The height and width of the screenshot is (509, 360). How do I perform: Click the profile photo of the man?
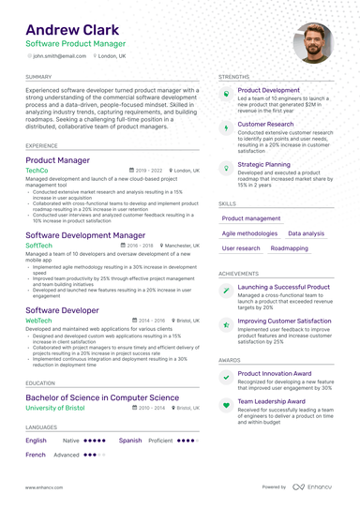[312, 42]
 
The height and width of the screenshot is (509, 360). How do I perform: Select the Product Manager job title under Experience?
[57, 160]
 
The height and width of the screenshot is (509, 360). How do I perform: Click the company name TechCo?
[37, 171]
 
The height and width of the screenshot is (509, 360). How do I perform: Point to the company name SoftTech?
[39, 245]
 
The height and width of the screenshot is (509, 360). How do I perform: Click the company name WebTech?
[39, 320]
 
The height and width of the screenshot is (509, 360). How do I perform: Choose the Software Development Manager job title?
[85, 234]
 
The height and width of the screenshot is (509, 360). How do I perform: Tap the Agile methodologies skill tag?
[249, 233]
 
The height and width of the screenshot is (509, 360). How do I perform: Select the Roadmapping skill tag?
[289, 248]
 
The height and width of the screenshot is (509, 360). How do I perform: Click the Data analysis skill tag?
[306, 233]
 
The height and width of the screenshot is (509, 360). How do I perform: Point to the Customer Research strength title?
[265, 124]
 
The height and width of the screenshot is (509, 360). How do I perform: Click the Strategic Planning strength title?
[263, 163]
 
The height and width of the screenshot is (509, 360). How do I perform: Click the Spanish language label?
[130, 440]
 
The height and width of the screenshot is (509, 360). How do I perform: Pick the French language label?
[36, 454]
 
